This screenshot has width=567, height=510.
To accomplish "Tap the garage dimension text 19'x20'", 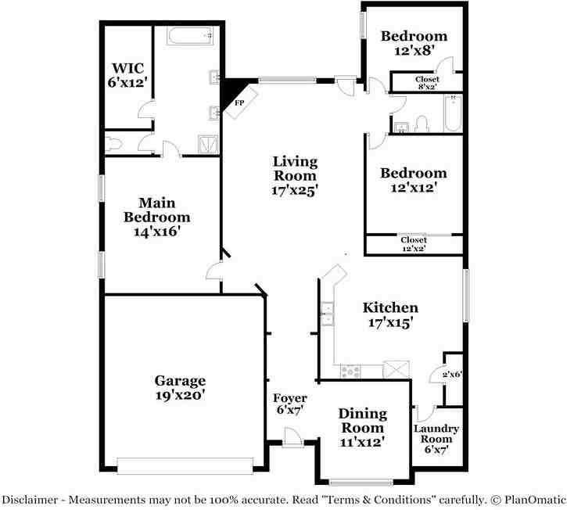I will pyautogui.click(x=179, y=396).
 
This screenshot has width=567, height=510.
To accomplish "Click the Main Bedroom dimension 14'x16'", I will pyautogui.click(x=156, y=232).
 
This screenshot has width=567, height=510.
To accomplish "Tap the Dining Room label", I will pyautogui.click(x=361, y=421).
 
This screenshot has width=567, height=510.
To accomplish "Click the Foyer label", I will pyautogui.click(x=289, y=398).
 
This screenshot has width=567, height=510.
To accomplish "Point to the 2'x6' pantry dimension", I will pyautogui.click(x=453, y=375).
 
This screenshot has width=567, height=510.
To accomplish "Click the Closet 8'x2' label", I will pyautogui.click(x=426, y=80).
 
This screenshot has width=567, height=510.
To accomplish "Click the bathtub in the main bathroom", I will pyautogui.click(x=190, y=35).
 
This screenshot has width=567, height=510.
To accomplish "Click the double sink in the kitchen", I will pyautogui.click(x=328, y=318).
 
